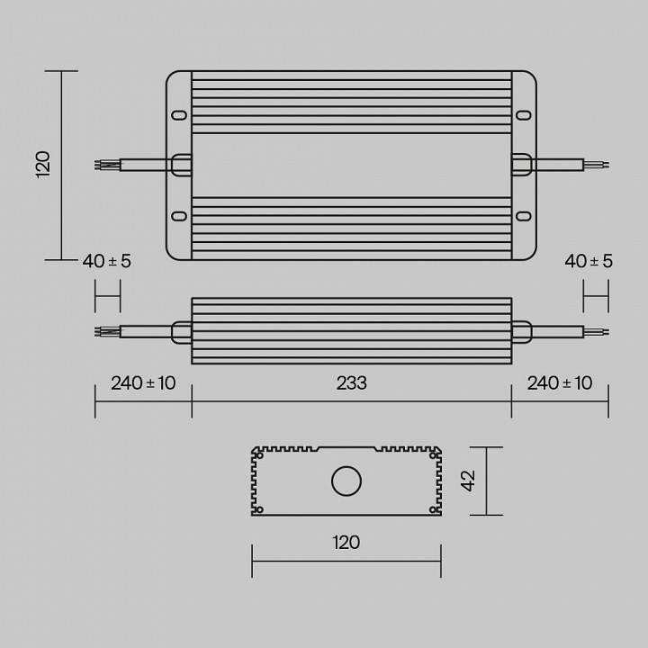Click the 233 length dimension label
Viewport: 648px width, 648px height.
coord(351,383)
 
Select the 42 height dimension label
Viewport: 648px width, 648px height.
coord(467,481)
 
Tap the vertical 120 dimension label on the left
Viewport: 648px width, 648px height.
coord(43,165)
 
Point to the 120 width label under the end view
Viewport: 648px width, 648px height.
coord(346,542)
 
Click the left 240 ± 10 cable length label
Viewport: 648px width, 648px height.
coord(143,383)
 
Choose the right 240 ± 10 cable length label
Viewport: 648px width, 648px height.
coord(560,383)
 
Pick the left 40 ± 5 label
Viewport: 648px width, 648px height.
coord(106,261)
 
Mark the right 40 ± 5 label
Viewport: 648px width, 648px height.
coord(589,261)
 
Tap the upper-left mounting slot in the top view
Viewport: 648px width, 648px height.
coord(179,115)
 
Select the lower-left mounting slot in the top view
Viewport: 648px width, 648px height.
coord(179,216)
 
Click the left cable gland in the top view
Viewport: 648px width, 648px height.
coord(181,164)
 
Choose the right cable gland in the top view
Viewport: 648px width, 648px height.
coord(522,164)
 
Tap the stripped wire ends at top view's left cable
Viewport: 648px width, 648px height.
coord(105,164)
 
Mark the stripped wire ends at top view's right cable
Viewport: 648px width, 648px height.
coord(598,164)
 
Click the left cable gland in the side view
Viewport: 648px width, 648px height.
coord(181,331)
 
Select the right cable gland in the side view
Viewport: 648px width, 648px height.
coord(522,331)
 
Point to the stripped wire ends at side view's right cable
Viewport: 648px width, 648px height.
coord(598,331)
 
